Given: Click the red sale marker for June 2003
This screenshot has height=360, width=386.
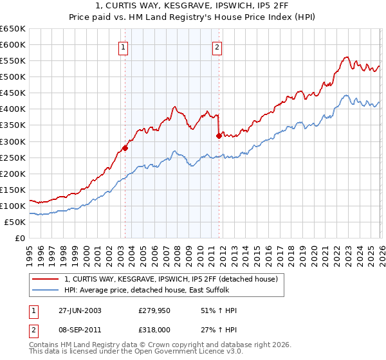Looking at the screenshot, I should (x=125, y=148).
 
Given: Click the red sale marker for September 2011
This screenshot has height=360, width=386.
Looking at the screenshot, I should (x=218, y=136).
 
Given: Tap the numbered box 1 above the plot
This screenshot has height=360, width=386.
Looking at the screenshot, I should (x=122, y=46).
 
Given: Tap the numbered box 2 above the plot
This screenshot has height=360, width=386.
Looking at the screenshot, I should (x=217, y=46).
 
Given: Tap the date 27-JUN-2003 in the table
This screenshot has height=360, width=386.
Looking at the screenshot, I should (x=80, y=310).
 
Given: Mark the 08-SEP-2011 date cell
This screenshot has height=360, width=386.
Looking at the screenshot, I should (x=80, y=328).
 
